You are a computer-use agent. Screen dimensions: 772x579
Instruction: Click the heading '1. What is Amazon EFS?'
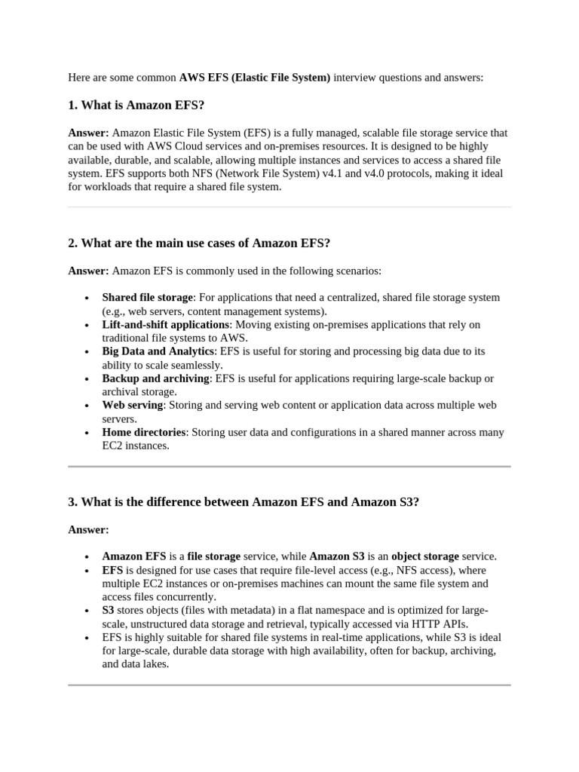click(136, 105)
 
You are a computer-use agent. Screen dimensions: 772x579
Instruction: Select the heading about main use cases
click(199, 243)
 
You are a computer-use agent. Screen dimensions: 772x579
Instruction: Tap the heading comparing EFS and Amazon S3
click(243, 501)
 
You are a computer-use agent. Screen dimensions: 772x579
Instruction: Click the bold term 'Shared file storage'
click(148, 298)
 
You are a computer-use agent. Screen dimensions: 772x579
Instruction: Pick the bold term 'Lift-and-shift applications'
click(165, 325)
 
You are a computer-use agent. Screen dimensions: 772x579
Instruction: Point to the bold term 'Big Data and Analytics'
click(158, 351)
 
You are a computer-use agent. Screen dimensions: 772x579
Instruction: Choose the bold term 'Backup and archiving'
click(155, 378)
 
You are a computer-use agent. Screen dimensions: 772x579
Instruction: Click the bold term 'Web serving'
click(133, 406)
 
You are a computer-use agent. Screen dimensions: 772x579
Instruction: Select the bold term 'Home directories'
click(144, 433)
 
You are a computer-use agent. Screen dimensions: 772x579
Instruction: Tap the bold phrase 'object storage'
click(425, 556)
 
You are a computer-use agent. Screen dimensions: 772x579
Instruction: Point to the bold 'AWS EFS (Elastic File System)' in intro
click(255, 77)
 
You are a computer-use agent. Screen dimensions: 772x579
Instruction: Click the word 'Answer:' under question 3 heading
click(88, 529)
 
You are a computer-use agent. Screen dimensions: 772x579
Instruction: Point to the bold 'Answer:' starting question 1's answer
click(88, 133)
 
